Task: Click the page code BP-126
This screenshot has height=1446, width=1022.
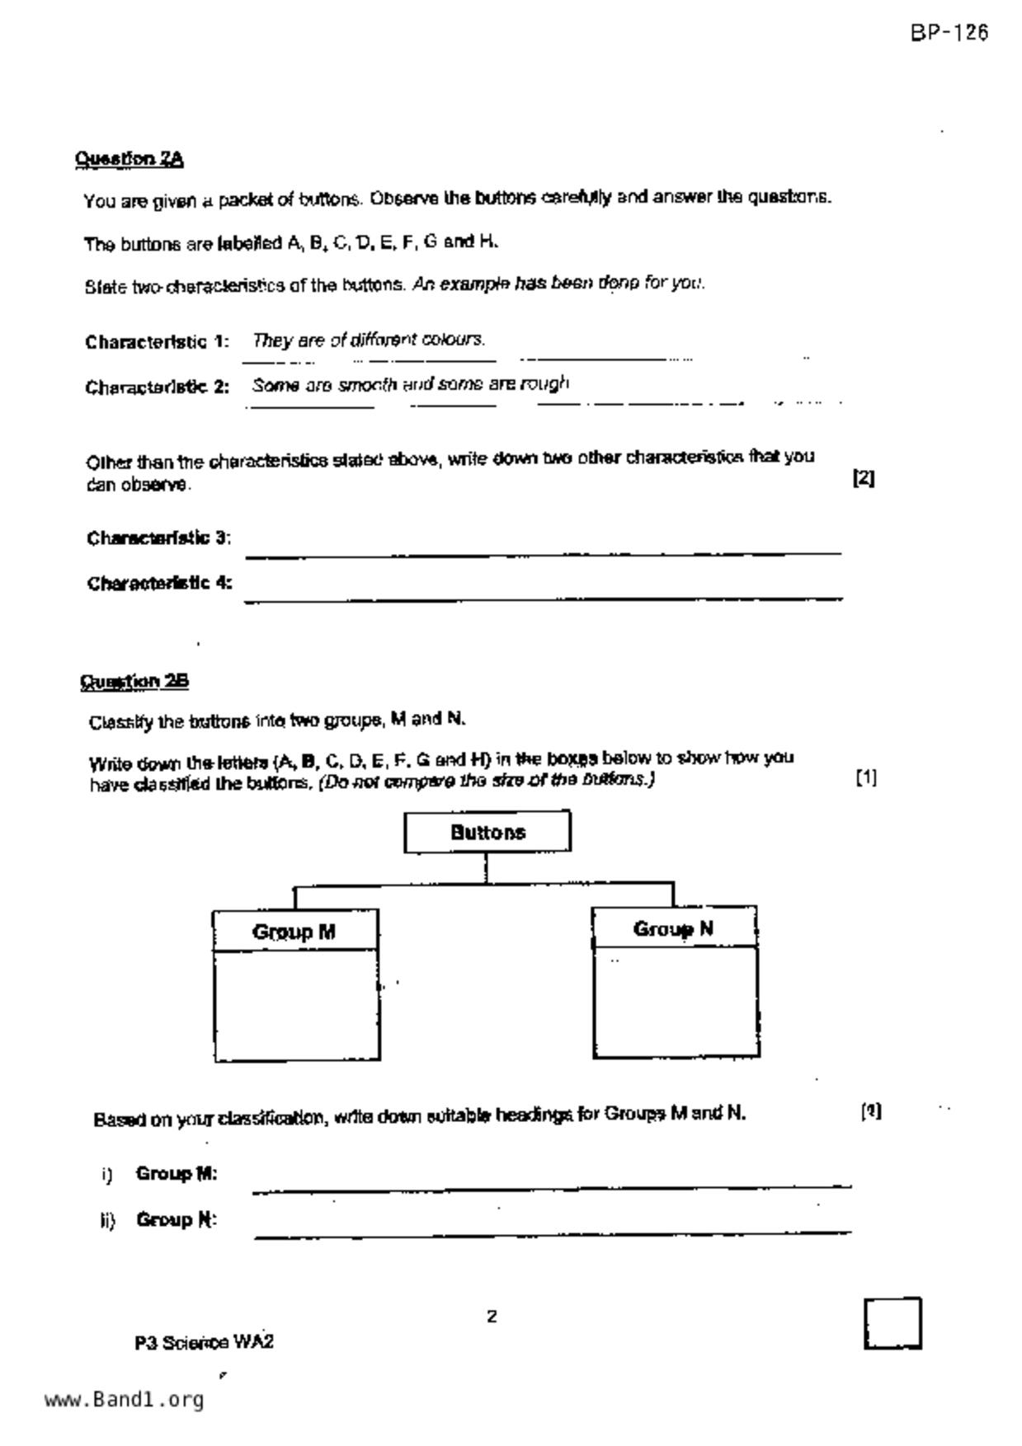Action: [x=949, y=33]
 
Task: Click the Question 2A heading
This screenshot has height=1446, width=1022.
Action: [x=130, y=158]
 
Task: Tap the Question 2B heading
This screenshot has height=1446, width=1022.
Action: [x=134, y=682]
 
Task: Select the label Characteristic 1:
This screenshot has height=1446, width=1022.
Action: [x=157, y=341]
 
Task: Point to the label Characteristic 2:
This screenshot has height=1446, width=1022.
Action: [x=157, y=387]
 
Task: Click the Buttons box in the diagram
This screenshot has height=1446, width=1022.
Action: [x=487, y=832]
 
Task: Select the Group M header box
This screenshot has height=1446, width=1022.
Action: [x=294, y=931]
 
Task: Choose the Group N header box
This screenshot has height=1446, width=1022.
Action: [x=673, y=928]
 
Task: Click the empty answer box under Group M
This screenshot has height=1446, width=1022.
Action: [x=296, y=1004]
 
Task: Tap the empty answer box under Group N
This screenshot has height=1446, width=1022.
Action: [x=675, y=1001]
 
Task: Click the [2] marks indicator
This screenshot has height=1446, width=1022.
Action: [x=863, y=478]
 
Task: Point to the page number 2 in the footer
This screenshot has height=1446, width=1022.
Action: [x=492, y=1317]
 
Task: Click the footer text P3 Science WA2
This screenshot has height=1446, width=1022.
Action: [x=204, y=1342]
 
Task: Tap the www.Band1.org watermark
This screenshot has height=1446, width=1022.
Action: [x=124, y=1400]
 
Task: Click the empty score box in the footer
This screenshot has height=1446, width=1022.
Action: [x=892, y=1323]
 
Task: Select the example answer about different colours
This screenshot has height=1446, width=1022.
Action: [x=369, y=340]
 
